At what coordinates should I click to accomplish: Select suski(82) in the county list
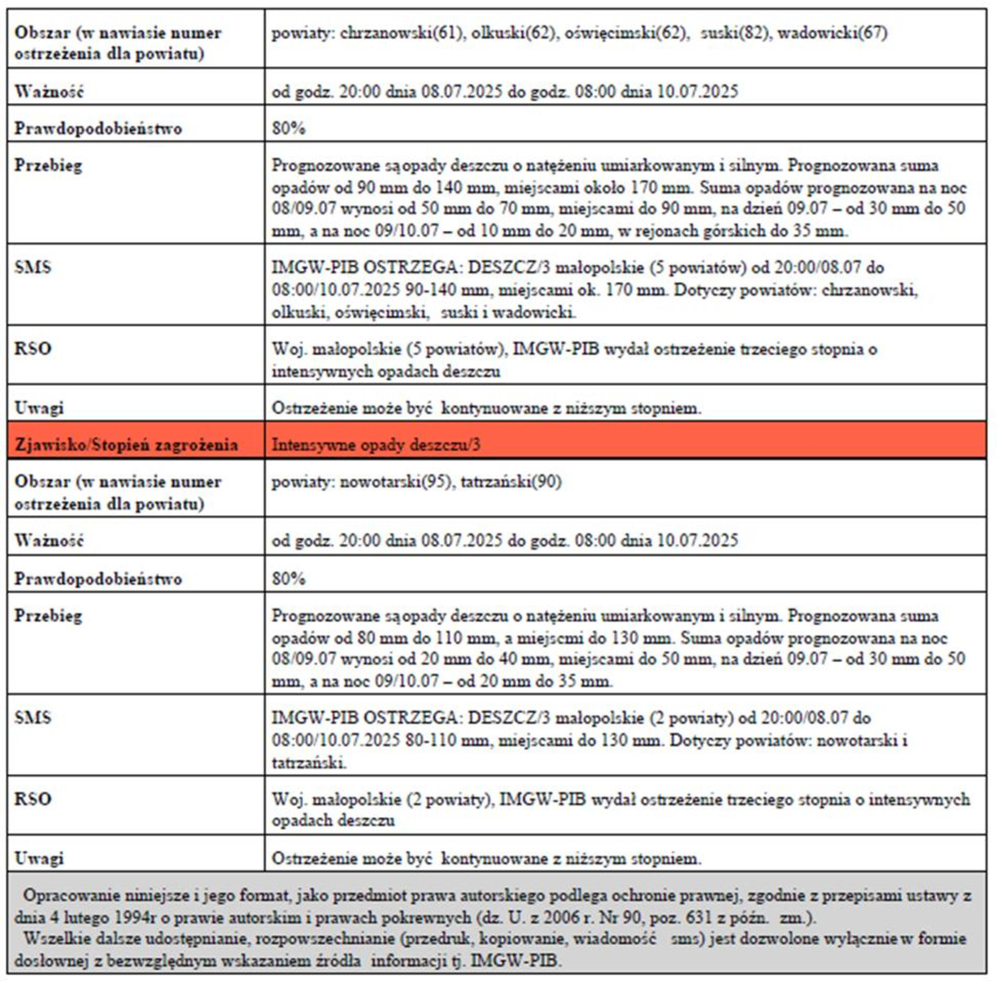pyautogui.click(x=735, y=33)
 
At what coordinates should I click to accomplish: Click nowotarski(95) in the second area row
pyautogui.click(x=396, y=482)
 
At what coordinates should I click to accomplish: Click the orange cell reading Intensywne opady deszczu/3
pyautogui.click(x=376, y=445)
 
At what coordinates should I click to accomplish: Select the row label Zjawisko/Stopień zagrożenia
pyautogui.click(x=126, y=445)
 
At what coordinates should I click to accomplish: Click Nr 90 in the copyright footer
pyautogui.click(x=611, y=917)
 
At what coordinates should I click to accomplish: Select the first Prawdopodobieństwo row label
pyautogui.click(x=98, y=129)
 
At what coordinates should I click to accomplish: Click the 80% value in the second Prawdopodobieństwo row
pyautogui.click(x=289, y=579)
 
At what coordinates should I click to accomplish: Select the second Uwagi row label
pyautogui.click(x=39, y=858)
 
